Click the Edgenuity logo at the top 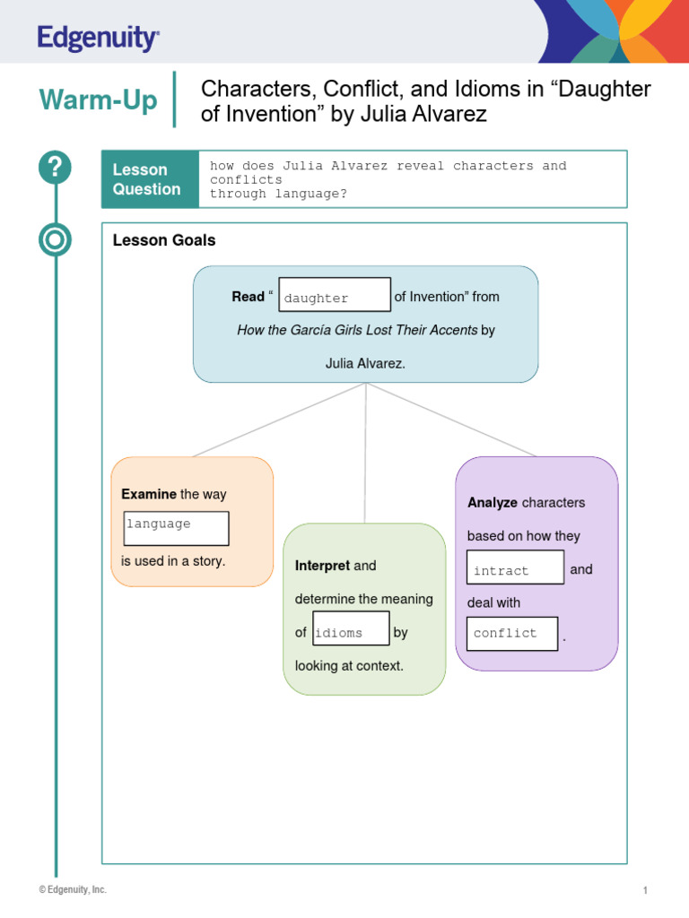point(99,39)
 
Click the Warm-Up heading point(98,100)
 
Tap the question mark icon point(55,168)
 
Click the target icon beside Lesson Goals point(55,239)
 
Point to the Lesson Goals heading point(164,240)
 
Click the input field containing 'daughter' point(335,296)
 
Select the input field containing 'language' point(176,528)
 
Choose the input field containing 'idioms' point(351,628)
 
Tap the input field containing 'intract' point(515,567)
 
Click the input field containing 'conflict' point(512,633)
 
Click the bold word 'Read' point(248,297)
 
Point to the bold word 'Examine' point(149,494)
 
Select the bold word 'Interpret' point(322,566)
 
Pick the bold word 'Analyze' point(493,503)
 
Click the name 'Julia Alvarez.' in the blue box point(365,363)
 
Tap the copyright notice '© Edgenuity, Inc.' point(73,889)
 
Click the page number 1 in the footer point(645,890)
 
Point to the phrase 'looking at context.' point(349,666)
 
